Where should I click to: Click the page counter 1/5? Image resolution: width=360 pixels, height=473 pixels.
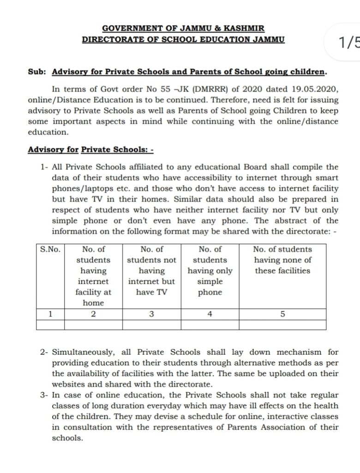pos(349,43)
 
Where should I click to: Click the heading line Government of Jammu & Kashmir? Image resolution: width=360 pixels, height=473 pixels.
pos(183,29)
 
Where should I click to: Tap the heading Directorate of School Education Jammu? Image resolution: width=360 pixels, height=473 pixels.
pos(183,40)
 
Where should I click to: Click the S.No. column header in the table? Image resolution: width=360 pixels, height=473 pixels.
pos(50,249)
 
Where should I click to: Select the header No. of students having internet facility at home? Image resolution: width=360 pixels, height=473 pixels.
pos(93,276)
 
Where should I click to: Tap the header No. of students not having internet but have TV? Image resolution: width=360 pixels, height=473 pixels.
pos(152,271)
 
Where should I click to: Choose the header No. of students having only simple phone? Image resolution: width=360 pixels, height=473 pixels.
pos(210,271)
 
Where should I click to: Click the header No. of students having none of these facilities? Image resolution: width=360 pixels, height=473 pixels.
pos(283,260)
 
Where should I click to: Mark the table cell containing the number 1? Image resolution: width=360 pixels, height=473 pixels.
pos(50,314)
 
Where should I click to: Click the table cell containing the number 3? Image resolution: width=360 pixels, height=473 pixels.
pos(152,314)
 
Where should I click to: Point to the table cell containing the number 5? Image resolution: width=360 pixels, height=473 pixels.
pos(283,314)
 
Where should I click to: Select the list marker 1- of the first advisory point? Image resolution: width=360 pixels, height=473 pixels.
pos(45,167)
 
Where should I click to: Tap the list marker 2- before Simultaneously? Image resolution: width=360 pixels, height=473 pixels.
pos(45,352)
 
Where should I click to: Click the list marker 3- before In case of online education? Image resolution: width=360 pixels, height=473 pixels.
pos(45,395)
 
